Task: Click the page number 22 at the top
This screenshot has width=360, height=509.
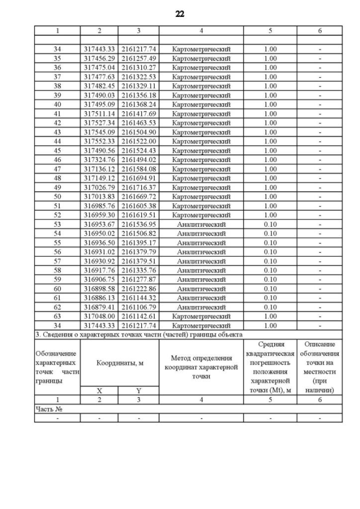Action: [179, 13]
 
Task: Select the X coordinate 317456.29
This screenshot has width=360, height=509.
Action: [99, 58]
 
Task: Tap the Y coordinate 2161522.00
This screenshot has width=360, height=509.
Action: [138, 141]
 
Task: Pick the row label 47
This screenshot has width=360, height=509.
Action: [57, 169]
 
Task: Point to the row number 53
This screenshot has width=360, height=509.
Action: [57, 224]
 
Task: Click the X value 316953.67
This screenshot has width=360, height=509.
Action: [99, 224]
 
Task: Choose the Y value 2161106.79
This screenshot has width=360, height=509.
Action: [138, 307]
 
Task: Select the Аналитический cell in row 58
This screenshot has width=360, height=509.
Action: [201, 270]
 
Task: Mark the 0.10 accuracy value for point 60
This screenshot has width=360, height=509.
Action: [270, 288]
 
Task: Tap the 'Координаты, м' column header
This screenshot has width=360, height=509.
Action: [119, 363]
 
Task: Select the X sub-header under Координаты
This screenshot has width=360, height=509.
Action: [99, 390]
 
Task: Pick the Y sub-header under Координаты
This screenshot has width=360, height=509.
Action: [138, 390]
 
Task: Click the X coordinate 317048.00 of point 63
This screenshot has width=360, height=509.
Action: [99, 316]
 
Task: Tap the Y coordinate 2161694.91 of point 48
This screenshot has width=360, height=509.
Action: [138, 178]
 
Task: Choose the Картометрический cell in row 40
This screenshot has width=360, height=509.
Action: [201, 105]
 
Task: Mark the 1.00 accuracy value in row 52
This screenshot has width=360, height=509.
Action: [270, 215]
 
